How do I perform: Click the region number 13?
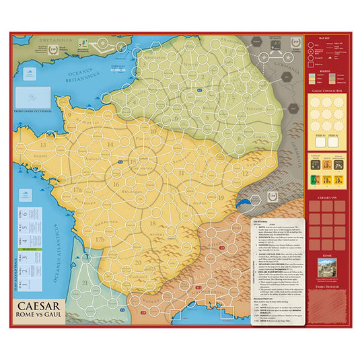click(42, 144)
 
